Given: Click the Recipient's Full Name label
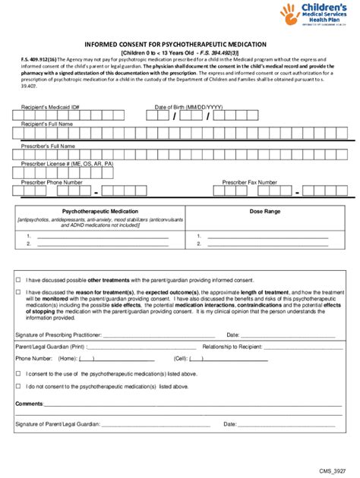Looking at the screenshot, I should [47, 124].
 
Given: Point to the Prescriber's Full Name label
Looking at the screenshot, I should [48, 146].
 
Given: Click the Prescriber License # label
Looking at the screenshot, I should [67, 164].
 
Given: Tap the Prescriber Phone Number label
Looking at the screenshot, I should [52, 183].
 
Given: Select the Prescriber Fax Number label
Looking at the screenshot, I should [249, 183].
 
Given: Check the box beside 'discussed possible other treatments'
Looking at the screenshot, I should [19, 279].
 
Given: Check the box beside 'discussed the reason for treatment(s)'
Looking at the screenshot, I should [19, 292].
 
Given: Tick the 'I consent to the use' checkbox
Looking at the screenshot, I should [19, 374].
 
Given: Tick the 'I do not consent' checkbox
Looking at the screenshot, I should [19, 387].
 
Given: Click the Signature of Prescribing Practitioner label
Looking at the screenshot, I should [58, 334].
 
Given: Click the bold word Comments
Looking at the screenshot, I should [29, 404].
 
